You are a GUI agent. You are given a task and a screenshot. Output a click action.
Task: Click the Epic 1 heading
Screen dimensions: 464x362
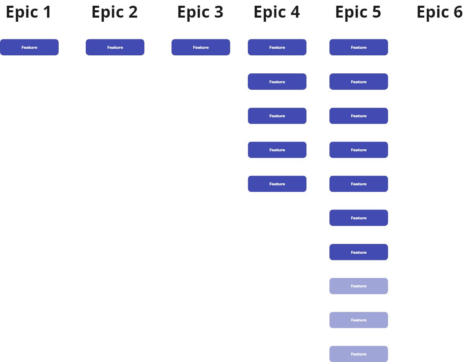point(29,13)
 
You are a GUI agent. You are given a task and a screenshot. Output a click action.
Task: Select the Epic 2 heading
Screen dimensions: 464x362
point(114,13)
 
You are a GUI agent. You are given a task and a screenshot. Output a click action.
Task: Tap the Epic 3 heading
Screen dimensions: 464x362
point(200,13)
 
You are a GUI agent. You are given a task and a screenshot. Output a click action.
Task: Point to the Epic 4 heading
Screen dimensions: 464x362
point(277,13)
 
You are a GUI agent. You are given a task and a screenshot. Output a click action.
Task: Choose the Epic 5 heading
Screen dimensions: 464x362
point(358,13)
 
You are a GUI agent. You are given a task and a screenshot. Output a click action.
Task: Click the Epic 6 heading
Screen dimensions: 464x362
point(440,13)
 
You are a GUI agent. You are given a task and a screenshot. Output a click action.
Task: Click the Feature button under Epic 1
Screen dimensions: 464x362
point(29,47)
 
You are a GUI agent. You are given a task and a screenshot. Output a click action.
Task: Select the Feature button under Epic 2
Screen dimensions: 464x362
point(115,47)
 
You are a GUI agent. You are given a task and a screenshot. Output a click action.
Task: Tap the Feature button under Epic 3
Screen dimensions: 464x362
point(201,47)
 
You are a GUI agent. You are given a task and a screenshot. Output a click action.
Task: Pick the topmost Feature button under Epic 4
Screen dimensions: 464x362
point(277,47)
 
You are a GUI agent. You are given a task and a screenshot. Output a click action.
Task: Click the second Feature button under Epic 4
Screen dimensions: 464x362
point(277,82)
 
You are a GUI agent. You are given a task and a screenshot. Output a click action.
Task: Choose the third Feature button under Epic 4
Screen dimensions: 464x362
point(277,116)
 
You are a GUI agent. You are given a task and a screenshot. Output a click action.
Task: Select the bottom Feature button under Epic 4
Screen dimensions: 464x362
point(277,184)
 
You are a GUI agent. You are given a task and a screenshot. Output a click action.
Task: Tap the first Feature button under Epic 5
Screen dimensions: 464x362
point(359,47)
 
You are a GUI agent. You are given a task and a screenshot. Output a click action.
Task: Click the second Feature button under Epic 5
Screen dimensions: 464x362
point(359,82)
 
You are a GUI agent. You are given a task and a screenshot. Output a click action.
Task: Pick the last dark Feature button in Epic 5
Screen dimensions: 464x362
point(359,252)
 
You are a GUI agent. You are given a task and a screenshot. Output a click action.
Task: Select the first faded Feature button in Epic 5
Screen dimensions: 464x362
point(359,286)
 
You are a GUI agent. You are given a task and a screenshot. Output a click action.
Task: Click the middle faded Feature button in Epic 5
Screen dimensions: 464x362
point(359,320)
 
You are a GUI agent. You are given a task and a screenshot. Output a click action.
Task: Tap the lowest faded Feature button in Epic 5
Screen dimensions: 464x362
point(359,354)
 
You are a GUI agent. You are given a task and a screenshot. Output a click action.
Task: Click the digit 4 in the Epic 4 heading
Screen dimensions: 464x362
point(294,12)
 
